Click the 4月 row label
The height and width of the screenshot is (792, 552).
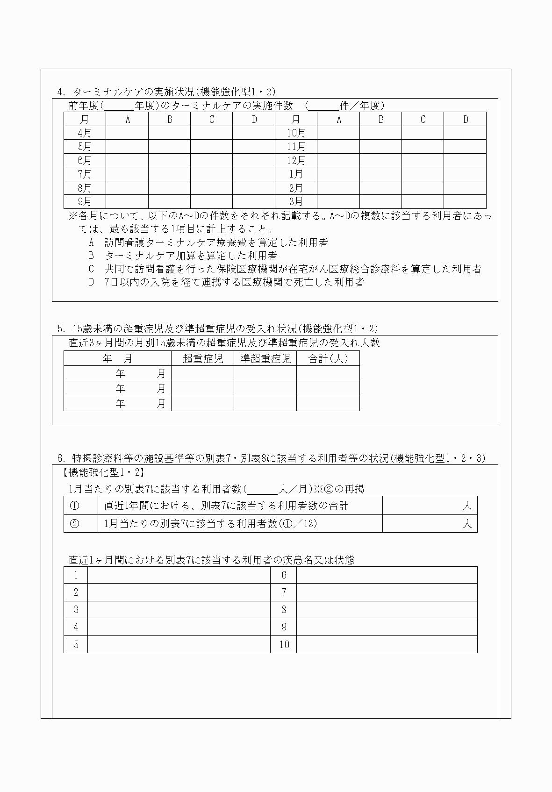[85, 133]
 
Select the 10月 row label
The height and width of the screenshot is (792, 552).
[296, 133]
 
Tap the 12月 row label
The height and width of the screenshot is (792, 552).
[296, 160]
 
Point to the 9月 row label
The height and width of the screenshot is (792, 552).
[85, 201]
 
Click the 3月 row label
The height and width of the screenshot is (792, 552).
[296, 201]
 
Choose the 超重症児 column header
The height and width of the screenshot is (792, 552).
[202, 358]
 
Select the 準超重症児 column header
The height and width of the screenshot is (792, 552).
[265, 358]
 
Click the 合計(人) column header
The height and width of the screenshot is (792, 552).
[328, 358]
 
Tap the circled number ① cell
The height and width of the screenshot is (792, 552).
[74, 506]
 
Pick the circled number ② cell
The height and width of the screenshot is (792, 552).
[74, 523]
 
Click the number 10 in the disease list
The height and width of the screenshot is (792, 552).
[284, 644]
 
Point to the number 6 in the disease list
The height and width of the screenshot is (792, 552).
[284, 575]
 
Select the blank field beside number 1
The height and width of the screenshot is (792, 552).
[179, 575]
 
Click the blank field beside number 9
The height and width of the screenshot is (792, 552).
[387, 627]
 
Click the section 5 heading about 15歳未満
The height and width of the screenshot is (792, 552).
[218, 328]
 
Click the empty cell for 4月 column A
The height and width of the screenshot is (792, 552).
[127, 133]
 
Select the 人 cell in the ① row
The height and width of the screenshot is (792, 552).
[430, 506]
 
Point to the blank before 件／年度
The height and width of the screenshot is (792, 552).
[323, 106]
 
